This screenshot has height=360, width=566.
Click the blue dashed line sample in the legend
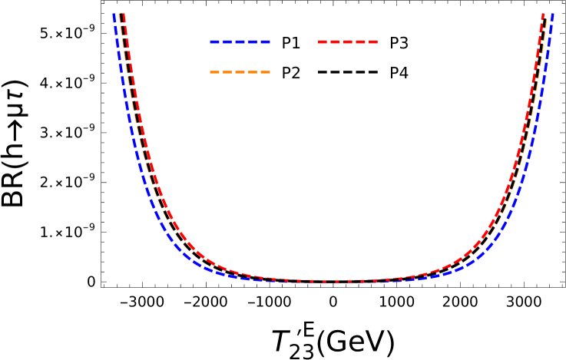(x=240, y=41)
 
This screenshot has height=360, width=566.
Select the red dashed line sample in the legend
(x=348, y=41)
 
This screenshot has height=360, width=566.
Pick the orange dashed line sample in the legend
(x=240, y=72)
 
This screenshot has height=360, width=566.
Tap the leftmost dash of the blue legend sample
(x=215, y=41)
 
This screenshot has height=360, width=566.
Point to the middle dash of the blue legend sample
(x=240, y=41)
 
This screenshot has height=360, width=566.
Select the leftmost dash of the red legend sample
(x=323, y=41)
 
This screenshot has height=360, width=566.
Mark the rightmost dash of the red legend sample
(x=372, y=41)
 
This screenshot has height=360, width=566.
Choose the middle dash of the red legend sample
(x=348, y=41)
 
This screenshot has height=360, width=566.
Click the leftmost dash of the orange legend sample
(x=215, y=72)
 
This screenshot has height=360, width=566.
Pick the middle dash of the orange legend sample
(x=240, y=72)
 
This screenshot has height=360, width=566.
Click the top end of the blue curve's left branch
(x=114, y=15)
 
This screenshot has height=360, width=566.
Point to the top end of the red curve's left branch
(x=123, y=15)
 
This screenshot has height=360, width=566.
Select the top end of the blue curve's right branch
(x=551, y=15)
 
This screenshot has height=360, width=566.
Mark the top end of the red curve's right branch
(x=543, y=15)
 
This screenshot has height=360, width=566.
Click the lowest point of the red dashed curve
(x=334, y=282)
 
